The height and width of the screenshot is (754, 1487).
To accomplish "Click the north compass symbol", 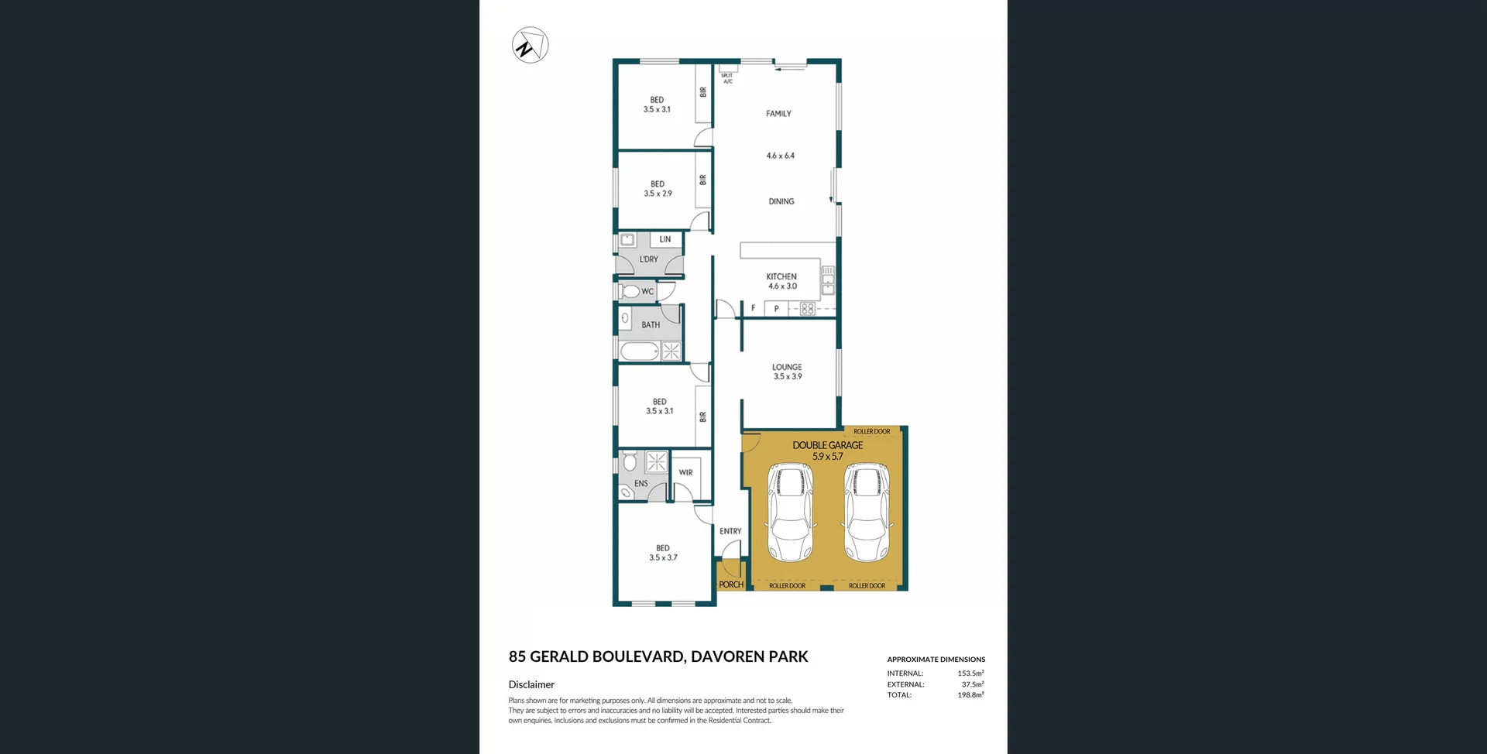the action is (531, 46).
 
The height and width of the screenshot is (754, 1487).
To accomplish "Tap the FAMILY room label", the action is (778, 114).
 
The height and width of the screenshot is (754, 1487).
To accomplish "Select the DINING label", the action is (781, 201).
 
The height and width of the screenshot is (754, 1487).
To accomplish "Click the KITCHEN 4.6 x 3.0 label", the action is (781, 281).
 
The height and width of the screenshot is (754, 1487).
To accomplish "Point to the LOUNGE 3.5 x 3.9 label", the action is (787, 372).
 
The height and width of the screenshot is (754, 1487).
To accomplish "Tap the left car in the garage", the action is (790, 512).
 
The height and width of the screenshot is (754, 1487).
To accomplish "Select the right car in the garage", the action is (867, 512).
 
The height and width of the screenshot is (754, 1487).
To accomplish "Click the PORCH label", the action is (731, 584).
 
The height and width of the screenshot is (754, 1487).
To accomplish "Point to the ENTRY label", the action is (730, 531).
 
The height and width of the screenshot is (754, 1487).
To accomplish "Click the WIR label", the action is (685, 472).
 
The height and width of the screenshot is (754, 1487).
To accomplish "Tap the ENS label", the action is (641, 483).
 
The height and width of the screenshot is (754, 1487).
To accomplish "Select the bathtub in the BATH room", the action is (640, 351).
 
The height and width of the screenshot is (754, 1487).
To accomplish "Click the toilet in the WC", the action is (629, 292).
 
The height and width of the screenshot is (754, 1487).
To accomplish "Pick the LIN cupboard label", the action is (665, 239).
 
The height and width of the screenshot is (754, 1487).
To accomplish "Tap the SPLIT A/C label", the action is (727, 78).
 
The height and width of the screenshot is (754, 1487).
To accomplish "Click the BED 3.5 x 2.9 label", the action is (658, 189).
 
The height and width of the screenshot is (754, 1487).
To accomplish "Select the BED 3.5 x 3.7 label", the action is (663, 553).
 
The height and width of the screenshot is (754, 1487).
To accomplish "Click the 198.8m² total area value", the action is (970, 695).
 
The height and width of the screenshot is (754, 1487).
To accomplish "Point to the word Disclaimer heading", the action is (531, 684).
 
